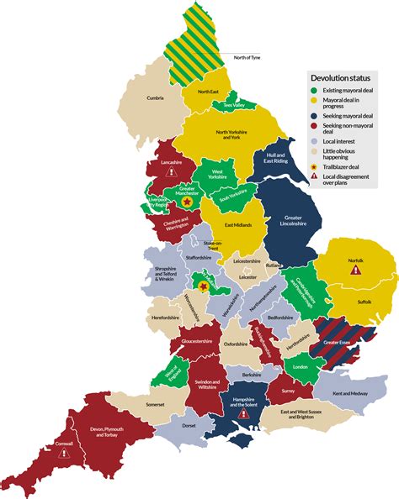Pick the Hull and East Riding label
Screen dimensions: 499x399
point(274,160)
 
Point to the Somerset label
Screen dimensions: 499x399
point(133,407)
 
